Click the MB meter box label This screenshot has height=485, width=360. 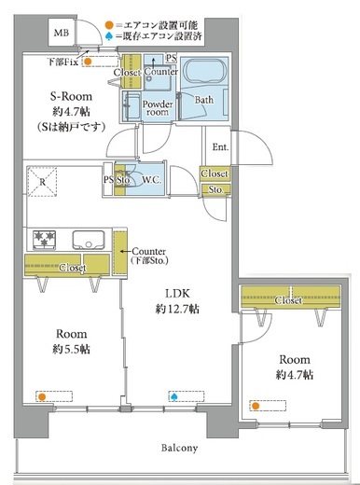[62, 33]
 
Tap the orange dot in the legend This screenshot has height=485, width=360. [108, 25]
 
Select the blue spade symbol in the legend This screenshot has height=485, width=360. [109, 36]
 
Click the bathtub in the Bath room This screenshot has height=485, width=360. [205, 71]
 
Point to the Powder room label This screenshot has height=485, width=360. [158, 108]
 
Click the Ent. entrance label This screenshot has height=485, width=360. [220, 146]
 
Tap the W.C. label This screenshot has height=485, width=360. [151, 180]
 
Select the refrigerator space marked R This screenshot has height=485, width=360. [42, 182]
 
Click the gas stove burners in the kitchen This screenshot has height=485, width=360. [45, 240]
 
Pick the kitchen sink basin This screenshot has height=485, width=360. [89, 240]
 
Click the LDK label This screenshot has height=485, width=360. [177, 293]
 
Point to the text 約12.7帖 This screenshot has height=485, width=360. [177, 309]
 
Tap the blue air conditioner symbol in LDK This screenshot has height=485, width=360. [174, 396]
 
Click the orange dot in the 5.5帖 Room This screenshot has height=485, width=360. [42, 397]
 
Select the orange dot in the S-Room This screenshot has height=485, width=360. [88, 62]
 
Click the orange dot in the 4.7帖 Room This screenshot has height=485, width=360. [256, 406]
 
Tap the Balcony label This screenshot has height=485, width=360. [179, 448]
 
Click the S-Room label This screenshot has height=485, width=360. [71, 96]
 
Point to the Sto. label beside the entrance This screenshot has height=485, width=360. [215, 189]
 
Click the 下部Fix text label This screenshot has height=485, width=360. [62, 62]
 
